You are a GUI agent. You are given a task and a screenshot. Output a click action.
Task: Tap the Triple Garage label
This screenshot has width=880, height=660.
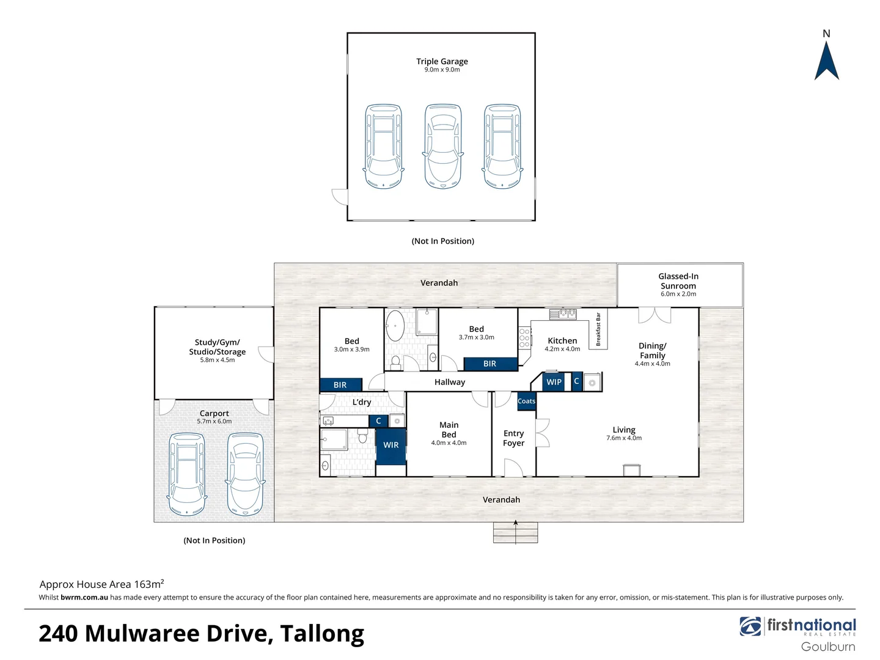pyautogui.click(x=442, y=62)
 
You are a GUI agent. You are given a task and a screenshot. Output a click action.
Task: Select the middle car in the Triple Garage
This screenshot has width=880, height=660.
pyautogui.click(x=443, y=146)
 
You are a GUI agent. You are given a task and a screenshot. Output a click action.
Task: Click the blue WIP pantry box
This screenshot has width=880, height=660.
pyautogui.click(x=554, y=382)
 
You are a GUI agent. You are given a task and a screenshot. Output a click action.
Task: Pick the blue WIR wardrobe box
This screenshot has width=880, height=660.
pyautogui.click(x=391, y=445)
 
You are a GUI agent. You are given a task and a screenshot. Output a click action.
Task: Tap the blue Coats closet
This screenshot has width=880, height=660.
pyautogui.click(x=526, y=402)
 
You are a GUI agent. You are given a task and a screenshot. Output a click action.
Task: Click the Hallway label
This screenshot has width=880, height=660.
pyautogui.click(x=450, y=383)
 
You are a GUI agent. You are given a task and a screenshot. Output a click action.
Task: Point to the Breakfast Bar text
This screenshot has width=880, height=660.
pyautogui.click(x=598, y=329)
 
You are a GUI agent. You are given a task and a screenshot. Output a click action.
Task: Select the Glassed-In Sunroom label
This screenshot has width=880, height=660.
pyautogui.click(x=678, y=281)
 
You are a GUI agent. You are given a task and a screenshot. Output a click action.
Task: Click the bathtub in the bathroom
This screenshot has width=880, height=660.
pyautogui.click(x=395, y=326)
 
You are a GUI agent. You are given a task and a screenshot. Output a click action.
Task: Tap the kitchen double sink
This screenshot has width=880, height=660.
pyautogui.click(x=563, y=314)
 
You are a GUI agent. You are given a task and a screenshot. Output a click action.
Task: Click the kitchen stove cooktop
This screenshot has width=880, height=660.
pyautogui.click(x=524, y=338)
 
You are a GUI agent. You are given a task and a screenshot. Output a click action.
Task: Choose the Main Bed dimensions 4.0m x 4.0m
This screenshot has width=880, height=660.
pyautogui.click(x=449, y=443)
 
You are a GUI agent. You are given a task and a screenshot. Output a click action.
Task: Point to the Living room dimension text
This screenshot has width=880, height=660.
pyautogui.click(x=624, y=438)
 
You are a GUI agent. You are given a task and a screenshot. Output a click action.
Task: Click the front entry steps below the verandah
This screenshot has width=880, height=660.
pyautogui.click(x=515, y=532)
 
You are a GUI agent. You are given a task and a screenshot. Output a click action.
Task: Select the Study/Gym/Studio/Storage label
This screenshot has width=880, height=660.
pyautogui.click(x=217, y=347)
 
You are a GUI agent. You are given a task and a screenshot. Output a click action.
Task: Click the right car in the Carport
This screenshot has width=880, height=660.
pyautogui.click(x=245, y=474)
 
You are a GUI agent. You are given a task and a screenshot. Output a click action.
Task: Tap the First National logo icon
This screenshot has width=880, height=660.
pyautogui.click(x=750, y=626)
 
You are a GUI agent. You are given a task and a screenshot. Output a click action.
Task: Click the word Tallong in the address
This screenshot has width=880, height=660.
pyautogui.click(x=322, y=634)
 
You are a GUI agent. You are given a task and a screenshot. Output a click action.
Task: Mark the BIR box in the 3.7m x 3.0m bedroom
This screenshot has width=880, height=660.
pyautogui.click(x=490, y=364)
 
